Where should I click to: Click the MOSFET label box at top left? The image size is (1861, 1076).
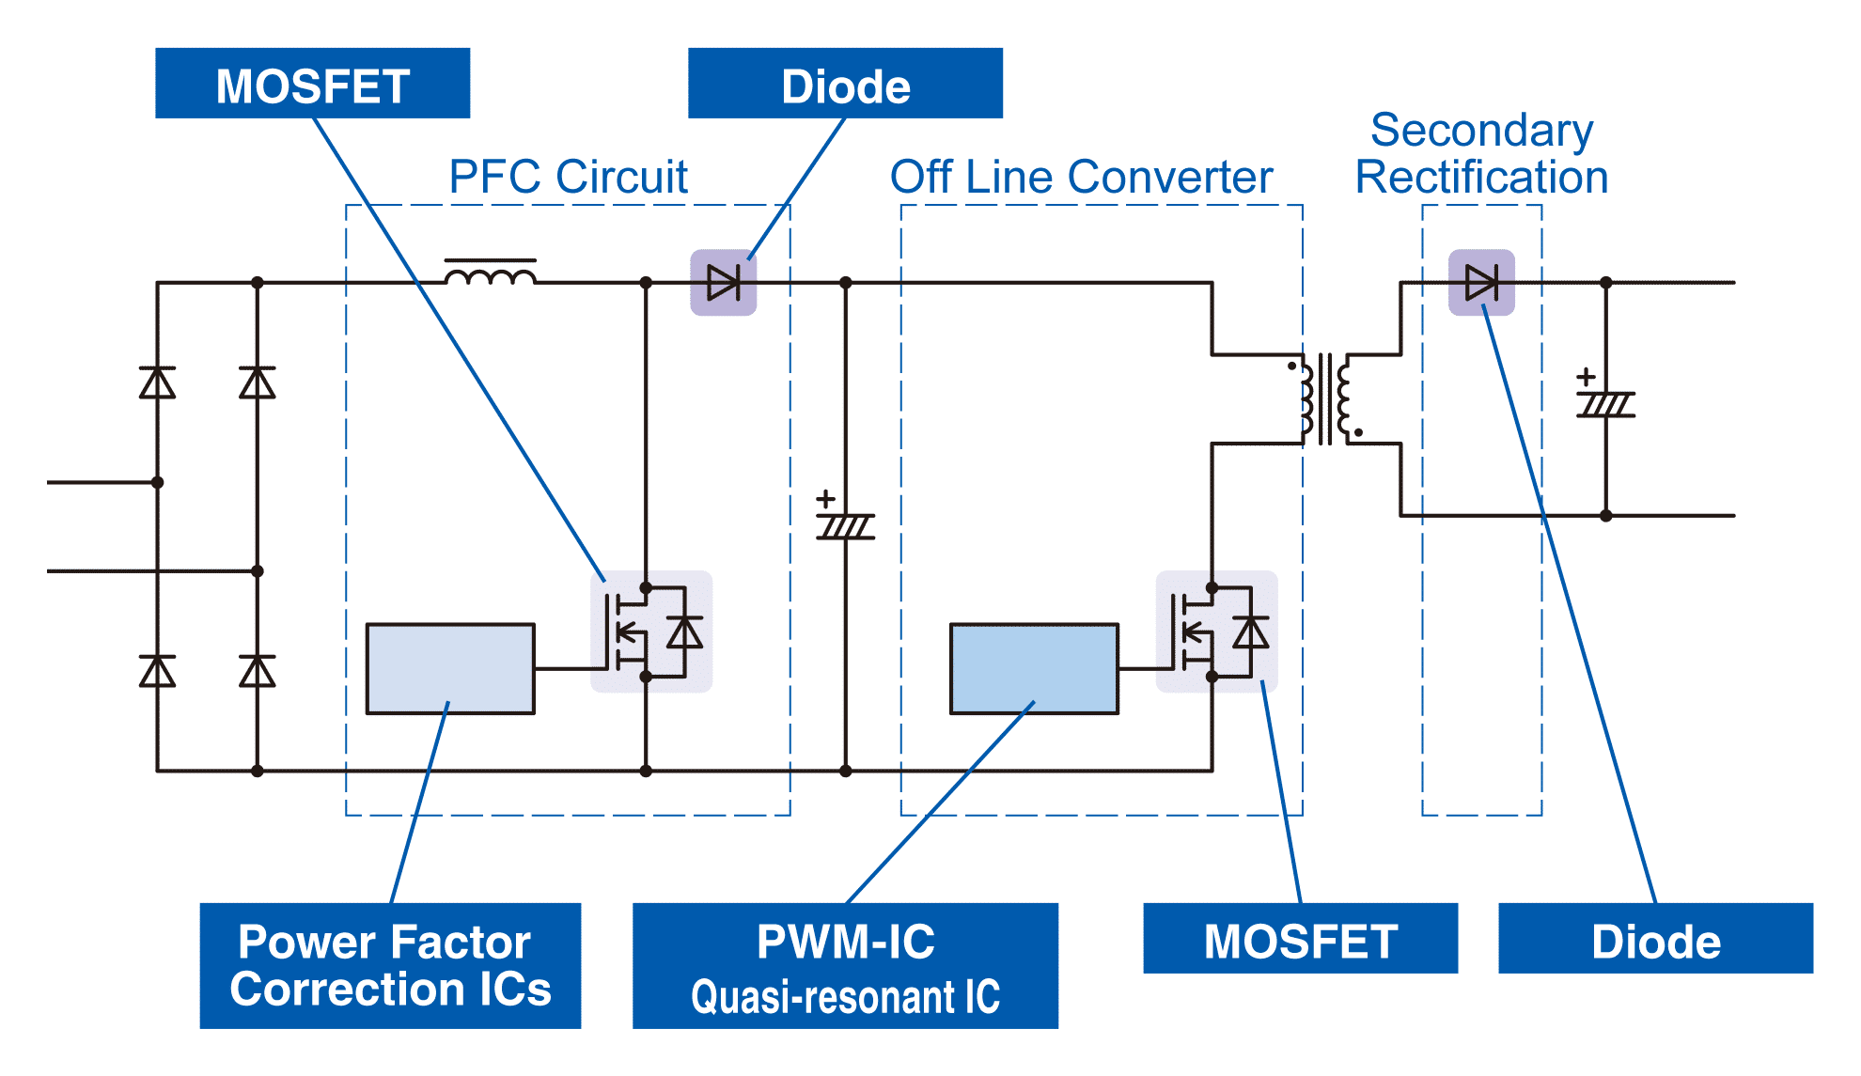click(312, 83)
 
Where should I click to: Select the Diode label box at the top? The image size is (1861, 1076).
click(845, 83)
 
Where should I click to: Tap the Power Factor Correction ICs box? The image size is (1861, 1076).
click(390, 965)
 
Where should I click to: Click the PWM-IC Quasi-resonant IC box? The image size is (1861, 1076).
click(845, 965)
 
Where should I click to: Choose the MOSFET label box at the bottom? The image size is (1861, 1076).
click(1300, 938)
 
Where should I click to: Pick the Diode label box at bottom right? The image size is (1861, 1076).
click(1655, 938)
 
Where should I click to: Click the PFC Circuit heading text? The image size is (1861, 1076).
click(568, 177)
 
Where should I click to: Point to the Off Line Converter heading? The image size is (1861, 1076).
click(1081, 177)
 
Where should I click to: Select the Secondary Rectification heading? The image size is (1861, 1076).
click(1481, 153)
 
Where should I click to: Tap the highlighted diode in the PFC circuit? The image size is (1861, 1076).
click(724, 282)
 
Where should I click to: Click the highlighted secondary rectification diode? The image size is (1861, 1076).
click(1481, 282)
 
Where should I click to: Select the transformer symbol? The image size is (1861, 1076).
click(1325, 398)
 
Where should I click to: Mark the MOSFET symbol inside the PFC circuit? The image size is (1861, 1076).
click(651, 632)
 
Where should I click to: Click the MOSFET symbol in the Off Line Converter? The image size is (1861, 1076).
click(1217, 632)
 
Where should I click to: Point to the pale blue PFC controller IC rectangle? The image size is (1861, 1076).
click(450, 668)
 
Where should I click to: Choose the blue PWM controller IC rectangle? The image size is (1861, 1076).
click(1034, 668)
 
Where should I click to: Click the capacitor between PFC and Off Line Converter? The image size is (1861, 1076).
click(846, 526)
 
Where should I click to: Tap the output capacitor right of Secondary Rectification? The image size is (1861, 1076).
click(1605, 405)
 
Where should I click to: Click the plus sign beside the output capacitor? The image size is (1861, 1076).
click(1587, 377)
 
